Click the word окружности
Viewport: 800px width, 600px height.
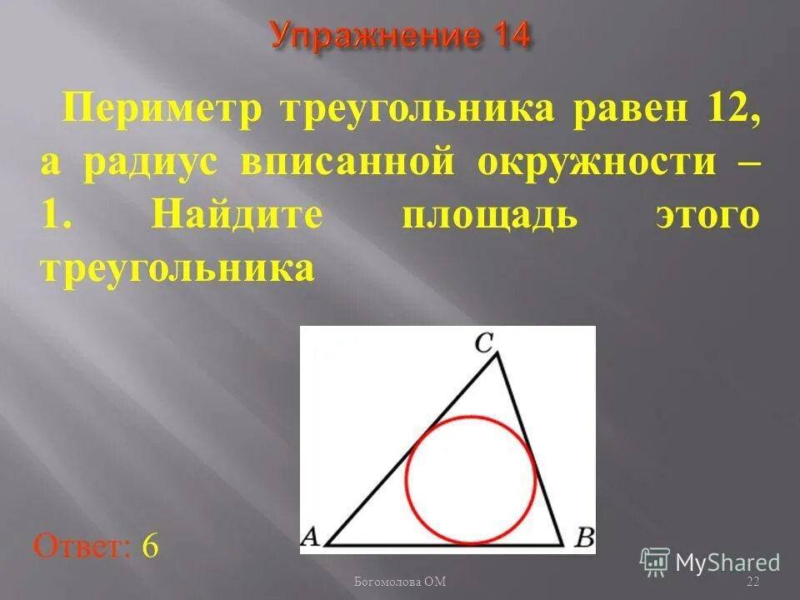tap(597, 162)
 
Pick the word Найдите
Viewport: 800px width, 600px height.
tap(238, 216)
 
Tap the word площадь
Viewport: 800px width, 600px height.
tap(489, 216)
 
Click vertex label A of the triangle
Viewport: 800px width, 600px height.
tap(309, 536)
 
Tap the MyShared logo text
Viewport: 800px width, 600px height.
tap(727, 563)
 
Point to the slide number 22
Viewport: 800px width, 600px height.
tap(753, 581)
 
